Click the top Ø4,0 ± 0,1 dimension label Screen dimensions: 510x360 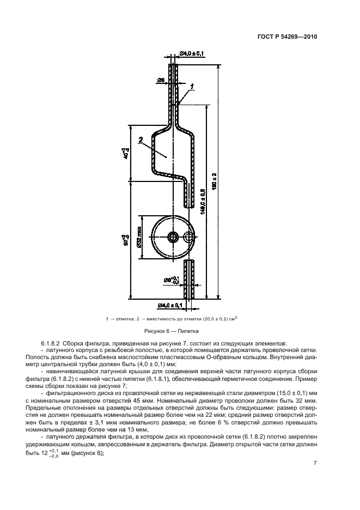192,53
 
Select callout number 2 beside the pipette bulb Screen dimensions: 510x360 141,140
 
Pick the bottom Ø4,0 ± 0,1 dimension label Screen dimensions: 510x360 172,305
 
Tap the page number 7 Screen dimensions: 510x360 315,463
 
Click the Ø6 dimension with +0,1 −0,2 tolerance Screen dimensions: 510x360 171,280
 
